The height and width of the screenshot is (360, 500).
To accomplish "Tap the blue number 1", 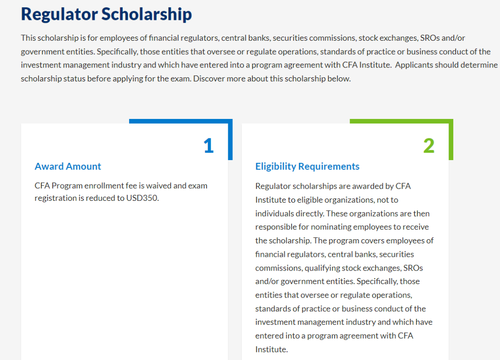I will point(208,146).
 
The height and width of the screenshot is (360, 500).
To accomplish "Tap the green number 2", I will point(429,146).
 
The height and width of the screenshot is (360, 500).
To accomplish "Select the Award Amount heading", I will point(68,167).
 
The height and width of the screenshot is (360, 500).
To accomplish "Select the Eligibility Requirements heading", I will point(307,167).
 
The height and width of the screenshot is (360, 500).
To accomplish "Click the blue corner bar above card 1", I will point(181,121).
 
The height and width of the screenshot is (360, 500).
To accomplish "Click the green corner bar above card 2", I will point(401,121).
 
